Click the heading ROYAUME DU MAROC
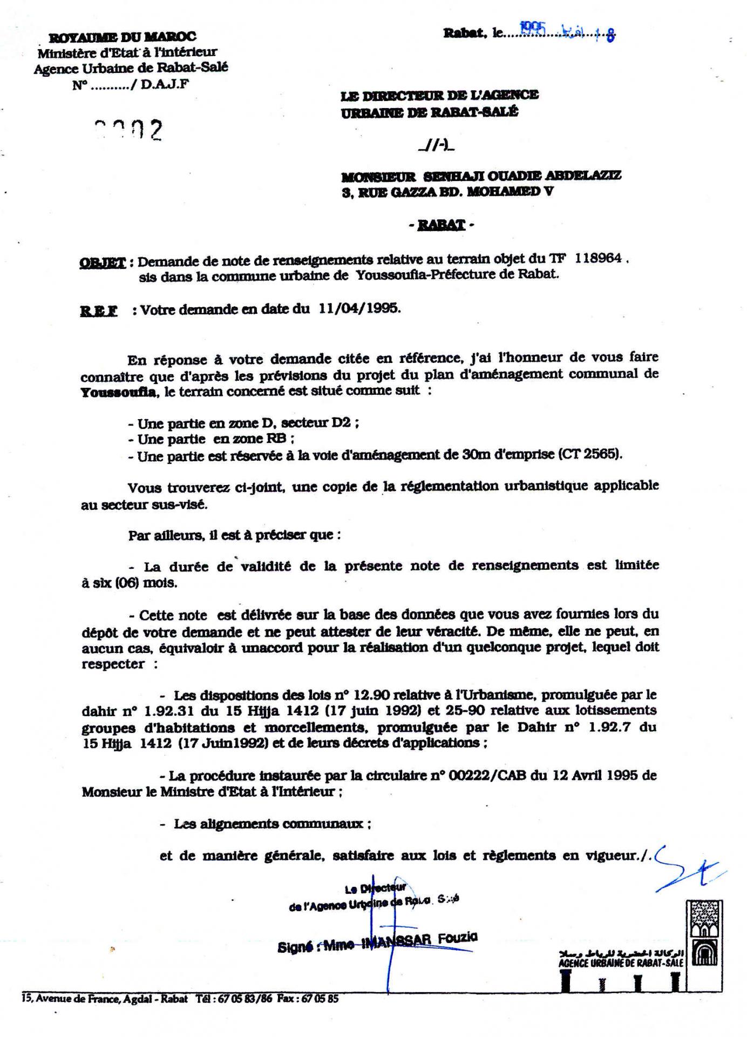tap(122, 37)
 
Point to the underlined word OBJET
tap(102, 263)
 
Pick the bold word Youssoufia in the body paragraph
tap(119, 392)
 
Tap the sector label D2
tap(341, 422)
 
